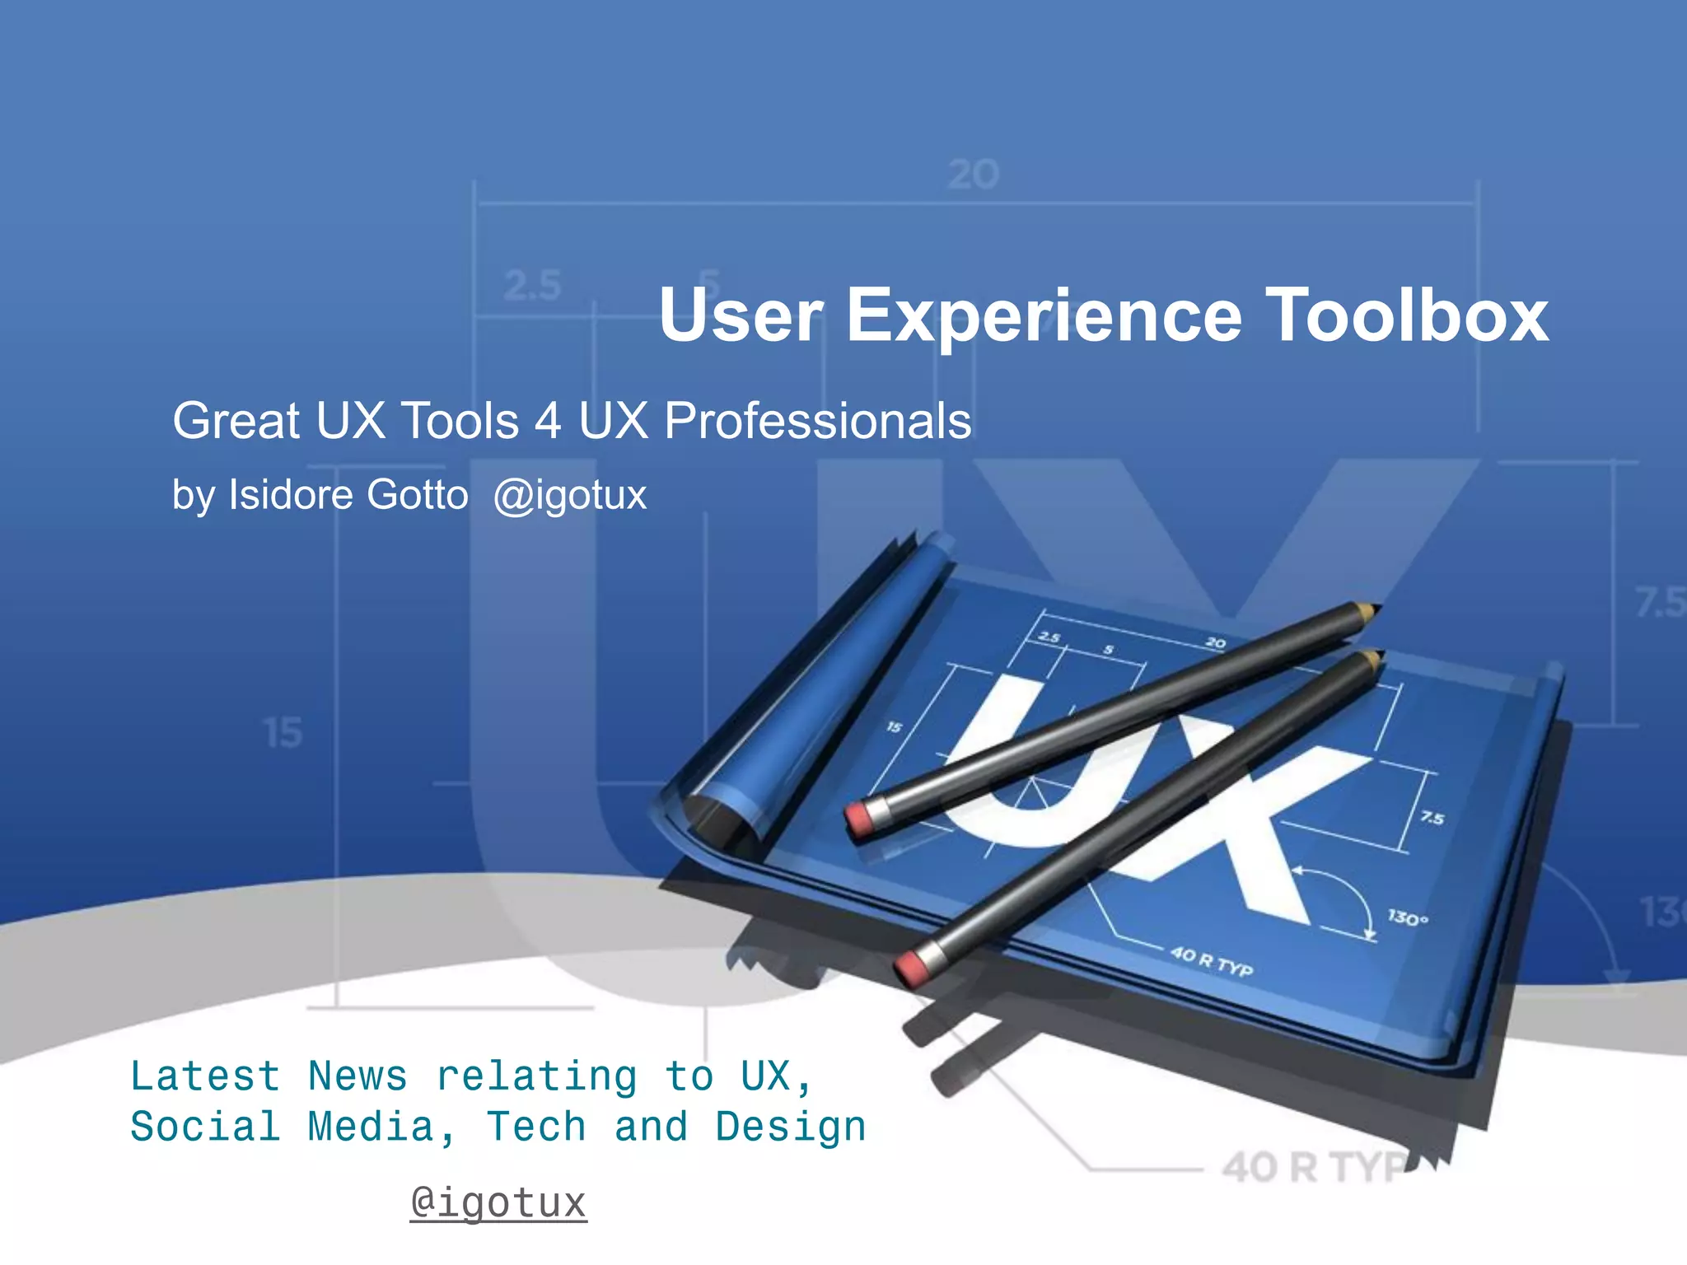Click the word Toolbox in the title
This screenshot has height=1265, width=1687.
[1406, 315]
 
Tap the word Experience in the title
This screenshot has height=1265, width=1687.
[1044, 316]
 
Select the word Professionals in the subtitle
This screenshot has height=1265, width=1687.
[817, 421]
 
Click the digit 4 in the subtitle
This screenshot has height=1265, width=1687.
[548, 421]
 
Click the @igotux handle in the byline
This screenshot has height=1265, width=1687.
[570, 495]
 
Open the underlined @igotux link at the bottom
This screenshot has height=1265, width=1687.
[498, 1202]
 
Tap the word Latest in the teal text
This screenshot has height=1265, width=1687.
[205, 1076]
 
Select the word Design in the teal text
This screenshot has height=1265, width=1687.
[791, 1127]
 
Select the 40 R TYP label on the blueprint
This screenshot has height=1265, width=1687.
[1212, 960]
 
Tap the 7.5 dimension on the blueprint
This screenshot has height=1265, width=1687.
[1432, 818]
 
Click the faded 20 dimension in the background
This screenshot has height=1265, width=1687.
[973, 175]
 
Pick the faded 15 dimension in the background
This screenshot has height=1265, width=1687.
[283, 732]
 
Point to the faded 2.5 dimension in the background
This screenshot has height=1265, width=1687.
[532, 286]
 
